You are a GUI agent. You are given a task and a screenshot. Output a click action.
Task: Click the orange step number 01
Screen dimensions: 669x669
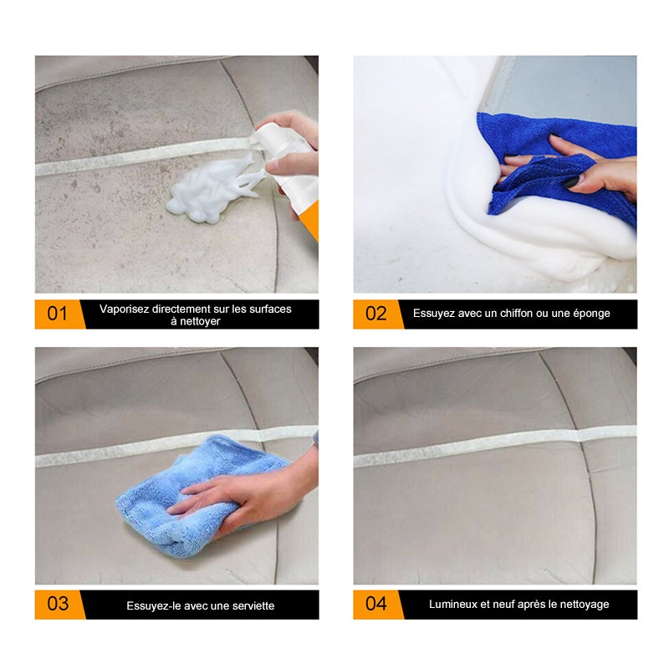pos(57,314)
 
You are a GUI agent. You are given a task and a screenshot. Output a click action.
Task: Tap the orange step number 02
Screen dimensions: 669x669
pos(375,314)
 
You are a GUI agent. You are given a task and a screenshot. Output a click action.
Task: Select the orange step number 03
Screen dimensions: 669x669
pos(57,604)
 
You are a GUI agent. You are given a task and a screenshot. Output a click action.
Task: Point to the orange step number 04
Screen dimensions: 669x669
pos(375,604)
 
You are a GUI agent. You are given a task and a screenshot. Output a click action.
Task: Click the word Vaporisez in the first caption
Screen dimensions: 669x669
pos(124,309)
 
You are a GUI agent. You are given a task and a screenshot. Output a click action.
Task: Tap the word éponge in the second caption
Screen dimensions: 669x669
pos(590,314)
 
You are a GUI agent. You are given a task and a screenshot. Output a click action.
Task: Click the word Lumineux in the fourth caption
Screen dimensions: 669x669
pos(452,604)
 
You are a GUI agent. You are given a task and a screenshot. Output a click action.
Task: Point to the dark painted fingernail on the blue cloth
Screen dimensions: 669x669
pos(570,181)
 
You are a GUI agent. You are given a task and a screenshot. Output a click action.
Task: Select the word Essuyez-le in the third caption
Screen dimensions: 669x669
pos(152,605)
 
